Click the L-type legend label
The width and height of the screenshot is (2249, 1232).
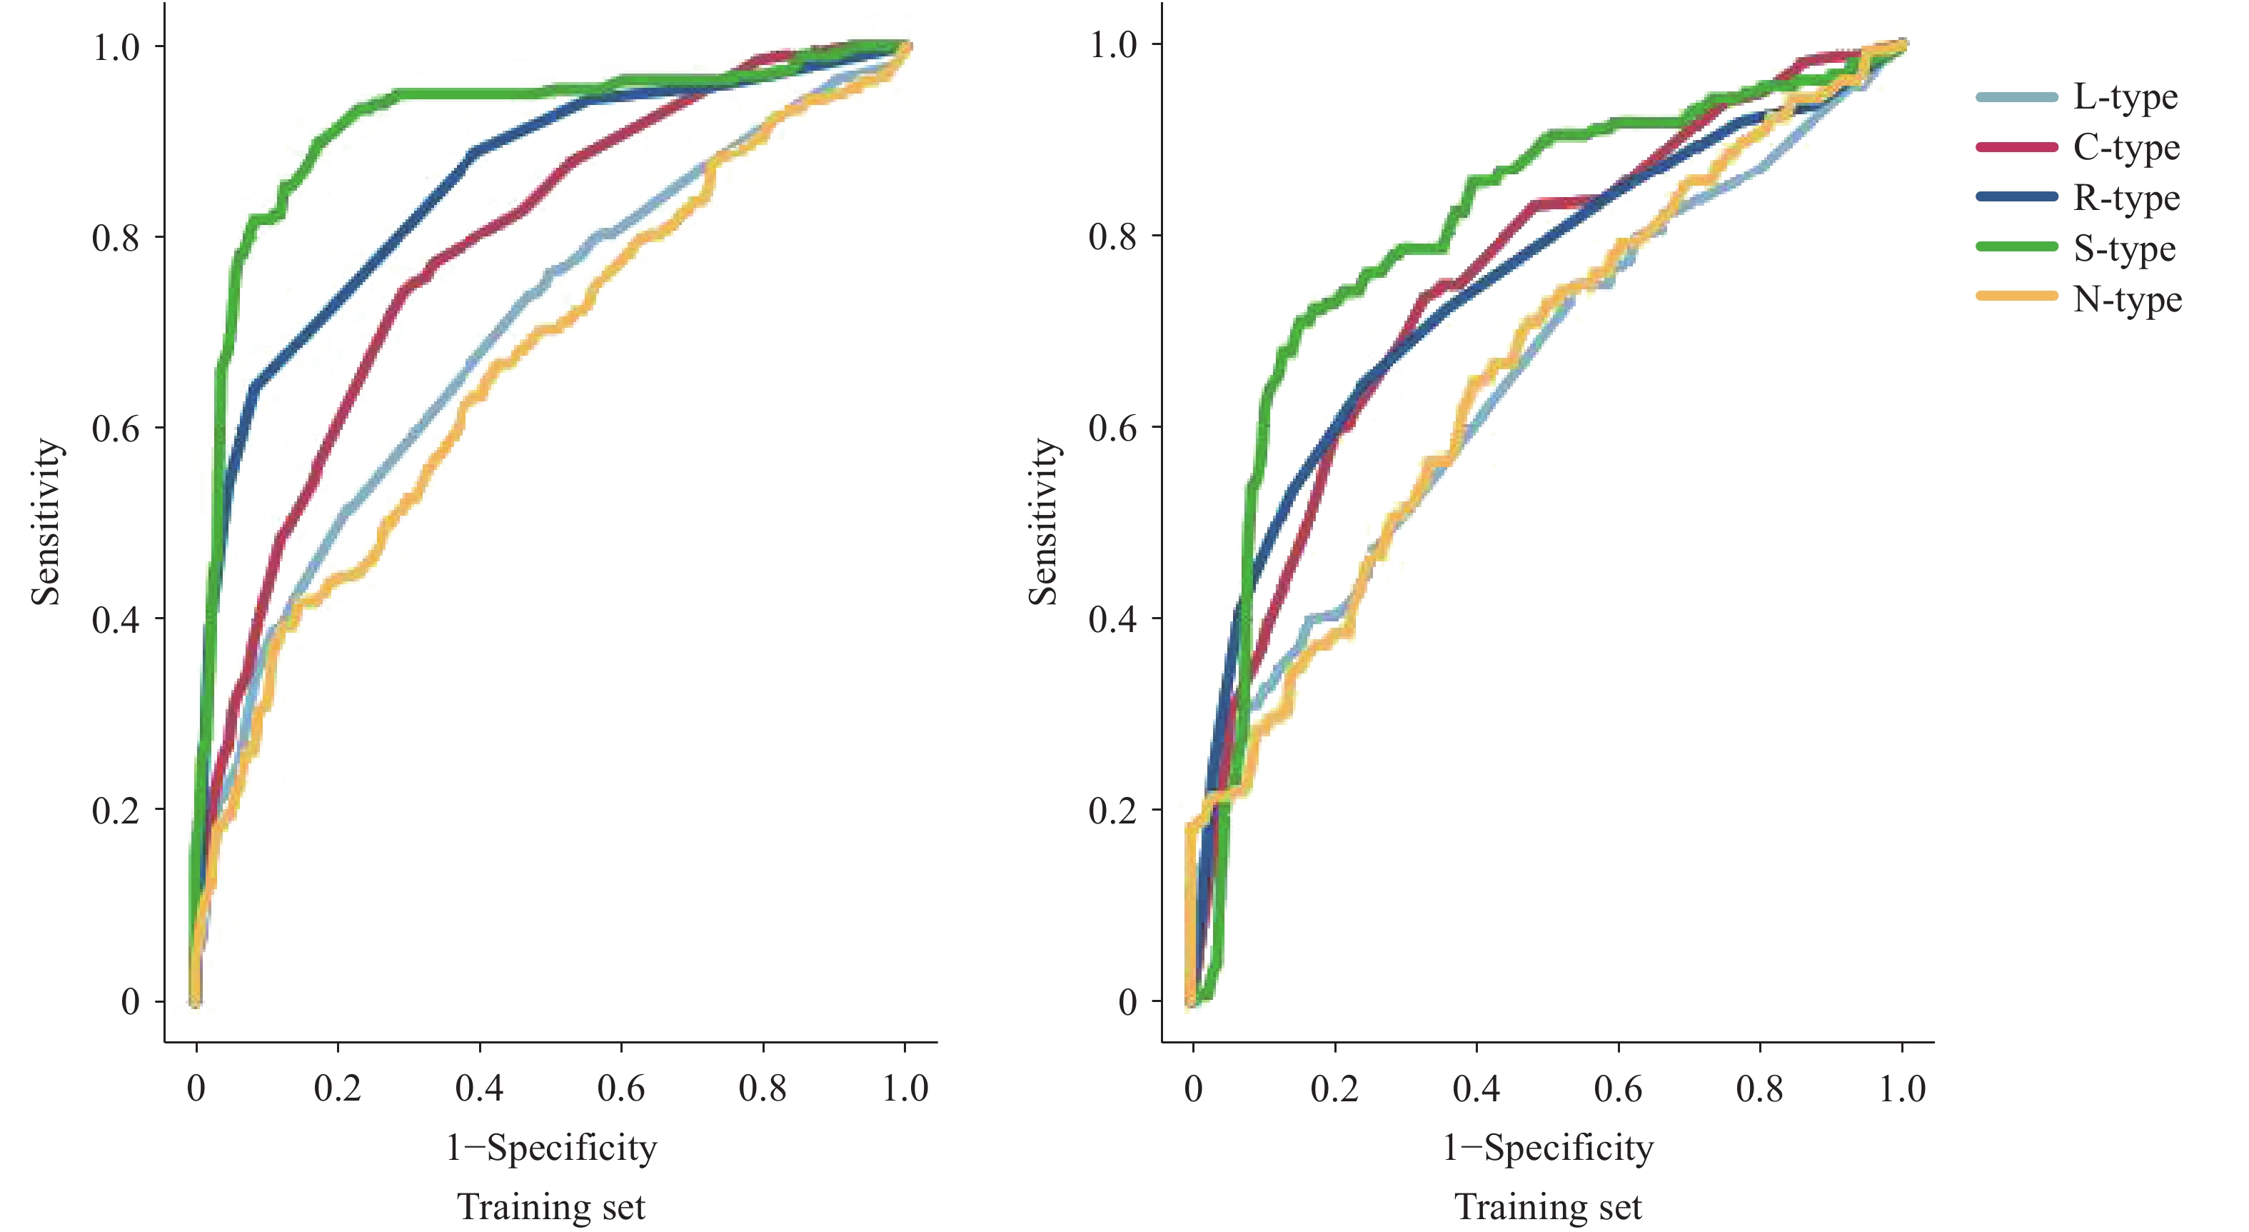(x=2125, y=97)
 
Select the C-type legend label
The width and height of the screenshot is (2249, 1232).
(x=2127, y=148)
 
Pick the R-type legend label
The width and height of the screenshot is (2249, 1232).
(x=2127, y=199)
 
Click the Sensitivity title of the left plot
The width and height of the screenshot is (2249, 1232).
(x=46, y=522)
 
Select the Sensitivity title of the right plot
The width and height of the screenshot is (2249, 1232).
(x=1043, y=522)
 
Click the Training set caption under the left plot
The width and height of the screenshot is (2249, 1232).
(x=552, y=1207)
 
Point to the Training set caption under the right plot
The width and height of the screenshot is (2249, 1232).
(x=1548, y=1207)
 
